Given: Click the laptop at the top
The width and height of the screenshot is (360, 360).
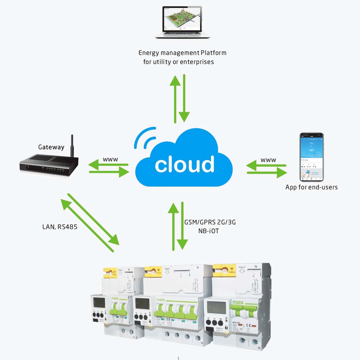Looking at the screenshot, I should point(182,22).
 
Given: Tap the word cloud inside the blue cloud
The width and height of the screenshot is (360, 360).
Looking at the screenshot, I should point(184,165).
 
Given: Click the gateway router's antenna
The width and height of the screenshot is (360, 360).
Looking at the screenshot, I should point(72,146).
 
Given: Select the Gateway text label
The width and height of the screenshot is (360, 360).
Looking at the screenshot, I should point(51,147).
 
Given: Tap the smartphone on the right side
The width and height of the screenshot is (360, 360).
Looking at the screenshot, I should point(311,157).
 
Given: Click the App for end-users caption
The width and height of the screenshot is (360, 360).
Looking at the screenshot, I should point(311,187).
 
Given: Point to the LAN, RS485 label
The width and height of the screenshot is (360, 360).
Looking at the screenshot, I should point(60,227).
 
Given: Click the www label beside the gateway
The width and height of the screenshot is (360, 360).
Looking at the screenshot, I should point(110,159).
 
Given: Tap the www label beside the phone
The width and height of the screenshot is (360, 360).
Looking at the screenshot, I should point(268,160).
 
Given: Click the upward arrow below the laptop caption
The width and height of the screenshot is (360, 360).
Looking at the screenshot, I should point(175,99).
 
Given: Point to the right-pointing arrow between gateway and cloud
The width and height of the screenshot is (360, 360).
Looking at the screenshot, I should point(109,172).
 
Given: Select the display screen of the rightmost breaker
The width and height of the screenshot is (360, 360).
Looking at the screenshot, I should point(216,308).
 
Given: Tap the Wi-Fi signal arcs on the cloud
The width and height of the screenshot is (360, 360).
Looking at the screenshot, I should point(144,138).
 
